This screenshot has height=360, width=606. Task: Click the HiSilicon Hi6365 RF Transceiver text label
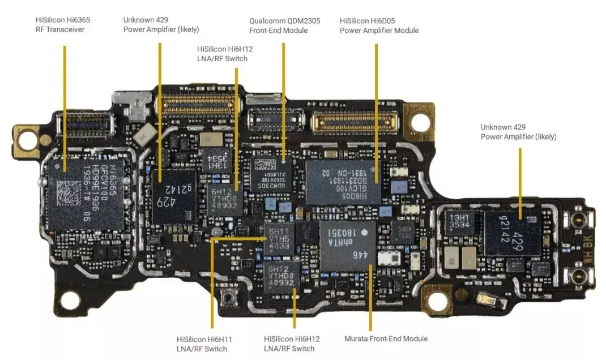62,24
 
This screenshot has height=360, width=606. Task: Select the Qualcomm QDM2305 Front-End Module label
284,25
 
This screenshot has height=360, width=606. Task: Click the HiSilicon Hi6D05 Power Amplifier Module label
379,25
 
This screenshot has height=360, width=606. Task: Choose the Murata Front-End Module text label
386,338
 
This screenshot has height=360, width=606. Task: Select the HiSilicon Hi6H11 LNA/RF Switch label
204,344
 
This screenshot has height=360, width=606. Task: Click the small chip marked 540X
404,232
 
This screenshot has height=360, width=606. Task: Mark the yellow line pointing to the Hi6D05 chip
376,102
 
